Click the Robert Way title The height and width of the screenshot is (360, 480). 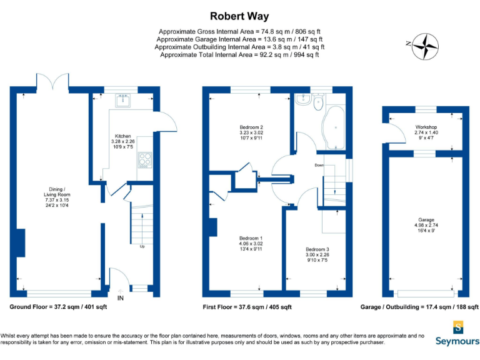click(x=239, y=16)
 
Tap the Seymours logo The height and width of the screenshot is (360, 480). click(x=458, y=333)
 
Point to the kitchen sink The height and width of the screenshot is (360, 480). click(x=122, y=100)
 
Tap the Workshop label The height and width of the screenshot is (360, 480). click(x=426, y=132)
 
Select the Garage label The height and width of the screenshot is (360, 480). click(x=426, y=224)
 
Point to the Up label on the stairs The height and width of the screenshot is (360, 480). click(x=142, y=247)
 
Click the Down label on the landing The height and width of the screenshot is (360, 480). click(x=319, y=166)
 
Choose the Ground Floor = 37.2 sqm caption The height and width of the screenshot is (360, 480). click(x=59, y=307)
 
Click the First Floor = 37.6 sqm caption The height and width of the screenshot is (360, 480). click(x=247, y=307)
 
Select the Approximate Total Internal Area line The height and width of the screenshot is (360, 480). click(x=239, y=55)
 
